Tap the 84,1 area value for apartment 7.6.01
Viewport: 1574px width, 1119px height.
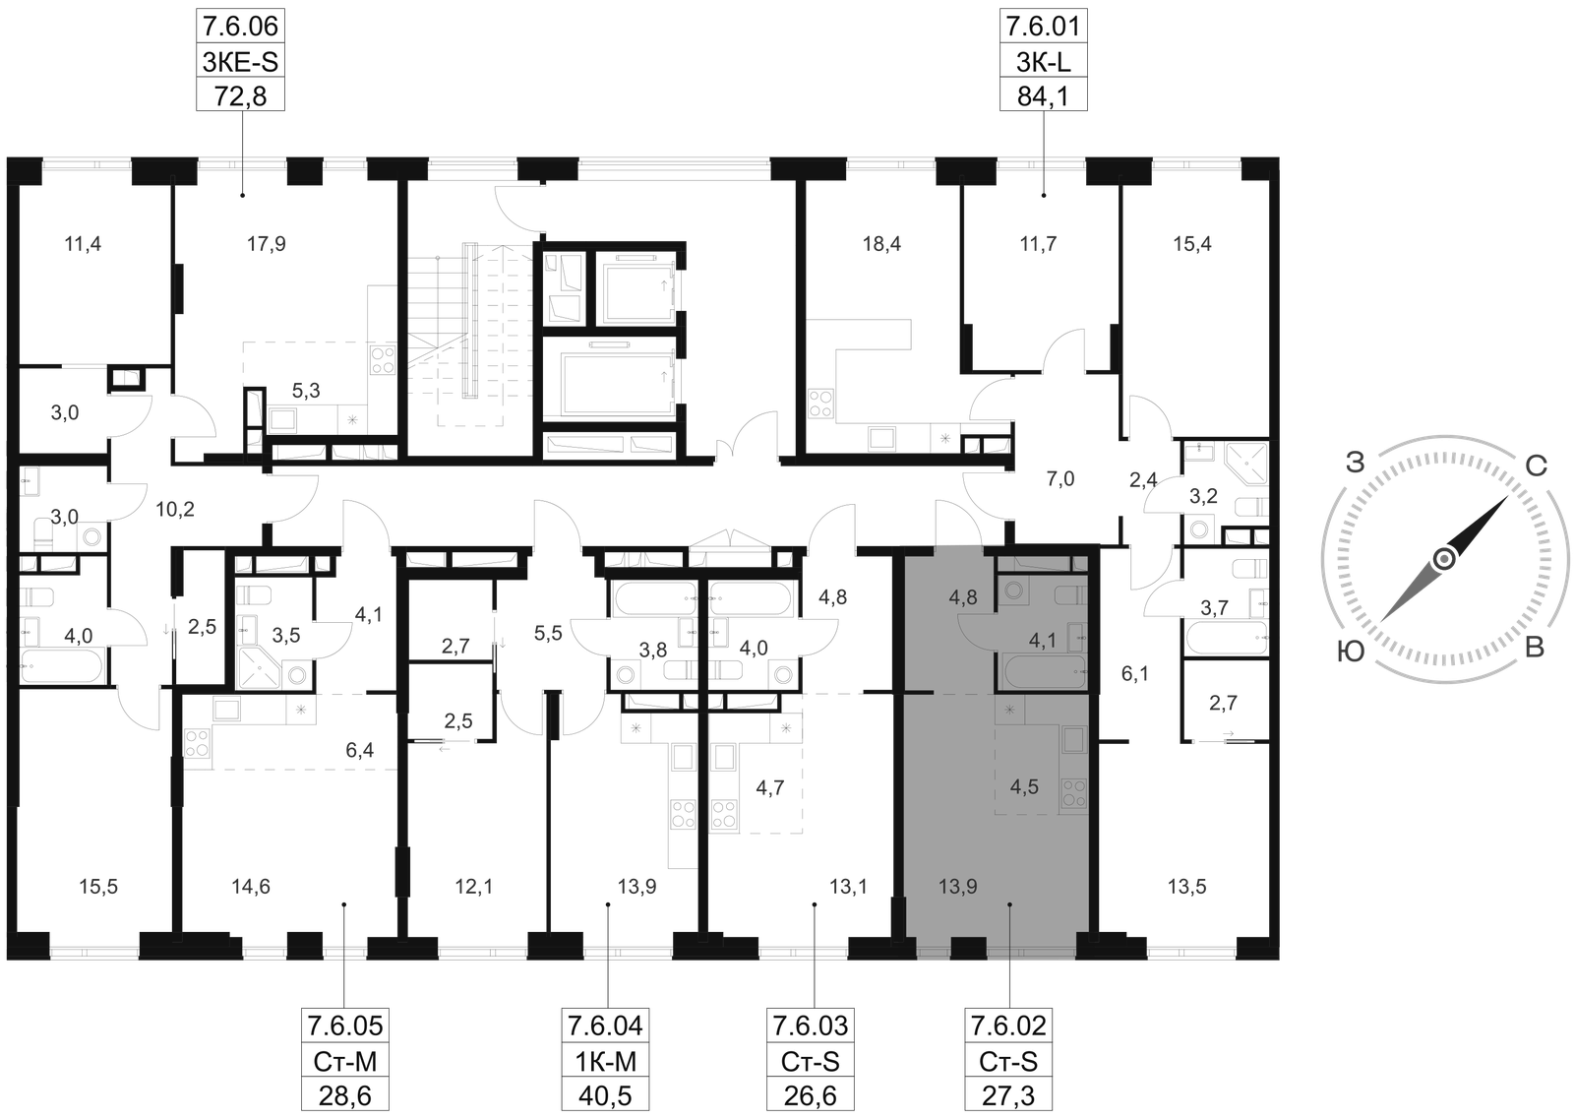pyautogui.click(x=1042, y=95)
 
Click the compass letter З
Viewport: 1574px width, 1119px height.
pyautogui.click(x=1359, y=461)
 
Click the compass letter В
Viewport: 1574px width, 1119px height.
pyautogui.click(x=1533, y=650)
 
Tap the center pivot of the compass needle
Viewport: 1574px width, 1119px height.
pyautogui.click(x=1443, y=559)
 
